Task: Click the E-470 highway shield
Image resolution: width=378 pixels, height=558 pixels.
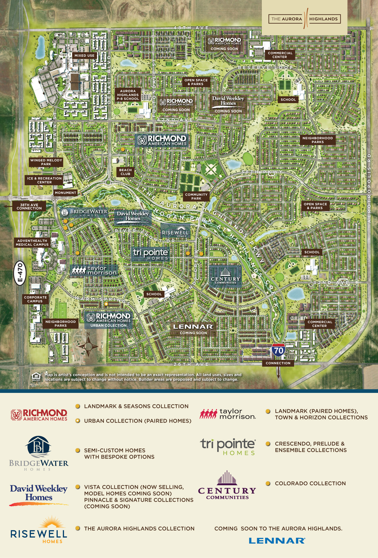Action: pyautogui.click(x=20, y=273)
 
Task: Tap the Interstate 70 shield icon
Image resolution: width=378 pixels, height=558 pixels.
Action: pyautogui.click(x=278, y=350)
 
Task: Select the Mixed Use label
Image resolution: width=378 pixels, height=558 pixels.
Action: pyautogui.click(x=84, y=55)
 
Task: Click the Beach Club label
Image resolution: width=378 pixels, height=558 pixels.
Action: pyautogui.click(x=125, y=172)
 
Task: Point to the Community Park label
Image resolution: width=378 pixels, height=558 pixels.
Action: pyautogui.click(x=196, y=196)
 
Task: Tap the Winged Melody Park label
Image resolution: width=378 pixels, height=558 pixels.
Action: pyautogui.click(x=46, y=162)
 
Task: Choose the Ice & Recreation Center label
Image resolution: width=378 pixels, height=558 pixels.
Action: pyautogui.click(x=44, y=180)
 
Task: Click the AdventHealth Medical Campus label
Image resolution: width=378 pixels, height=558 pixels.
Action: pyautogui.click(x=32, y=243)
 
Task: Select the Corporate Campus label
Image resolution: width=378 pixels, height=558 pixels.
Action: pyautogui.click(x=35, y=299)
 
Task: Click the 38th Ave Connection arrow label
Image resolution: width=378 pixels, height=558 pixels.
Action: pyautogui.click(x=29, y=206)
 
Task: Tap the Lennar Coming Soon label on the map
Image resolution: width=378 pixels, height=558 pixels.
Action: pyautogui.click(x=193, y=329)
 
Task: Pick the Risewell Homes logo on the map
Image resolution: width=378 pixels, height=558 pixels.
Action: pyautogui.click(x=175, y=231)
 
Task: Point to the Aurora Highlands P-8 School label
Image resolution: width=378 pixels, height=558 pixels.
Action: pyautogui.click(x=128, y=95)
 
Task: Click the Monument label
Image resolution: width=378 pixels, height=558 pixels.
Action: pyautogui.click(x=66, y=193)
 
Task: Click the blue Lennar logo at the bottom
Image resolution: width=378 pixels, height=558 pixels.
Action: pyautogui.click(x=277, y=541)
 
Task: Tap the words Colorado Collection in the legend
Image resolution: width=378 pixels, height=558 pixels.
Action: pyautogui.click(x=310, y=483)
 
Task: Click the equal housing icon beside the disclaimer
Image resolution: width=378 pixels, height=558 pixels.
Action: pyautogui.click(x=36, y=377)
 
